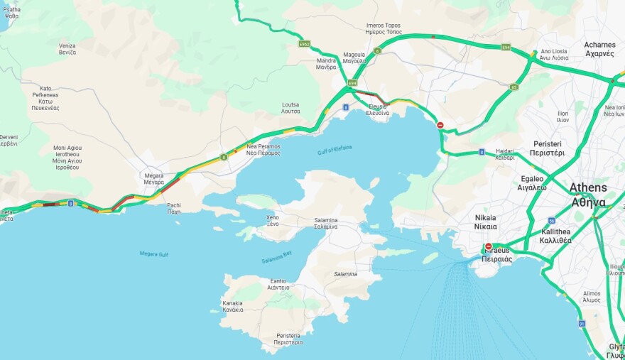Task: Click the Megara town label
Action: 154,178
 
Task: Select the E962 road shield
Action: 304,44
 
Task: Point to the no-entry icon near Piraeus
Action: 488,246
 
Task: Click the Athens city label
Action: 588,195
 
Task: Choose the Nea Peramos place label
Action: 263,149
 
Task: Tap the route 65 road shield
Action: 513,87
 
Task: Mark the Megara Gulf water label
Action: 154,253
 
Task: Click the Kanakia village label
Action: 232,306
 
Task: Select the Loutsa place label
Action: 290,107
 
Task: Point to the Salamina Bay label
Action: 276,258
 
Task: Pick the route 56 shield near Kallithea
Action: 552,221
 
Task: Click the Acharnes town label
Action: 599,49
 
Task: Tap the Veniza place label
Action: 67,49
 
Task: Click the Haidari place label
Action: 504,154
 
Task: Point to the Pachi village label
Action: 174,208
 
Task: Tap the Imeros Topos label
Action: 384,28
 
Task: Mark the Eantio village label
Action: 278,284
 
